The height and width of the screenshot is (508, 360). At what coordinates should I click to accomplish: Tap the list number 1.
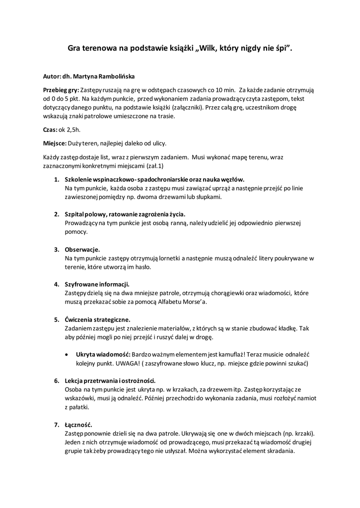coord(57,179)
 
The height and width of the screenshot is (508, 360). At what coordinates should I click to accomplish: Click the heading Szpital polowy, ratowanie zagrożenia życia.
coord(125,214)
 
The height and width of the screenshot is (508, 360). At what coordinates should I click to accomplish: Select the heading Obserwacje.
coord(82,249)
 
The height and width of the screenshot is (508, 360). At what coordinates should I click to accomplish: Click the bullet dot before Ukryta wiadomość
coord(67,355)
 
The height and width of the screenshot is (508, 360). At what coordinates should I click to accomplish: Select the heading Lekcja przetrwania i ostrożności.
coord(110,381)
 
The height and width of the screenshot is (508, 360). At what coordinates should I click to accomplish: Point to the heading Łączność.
coord(78,425)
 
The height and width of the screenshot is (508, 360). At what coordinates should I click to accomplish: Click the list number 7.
coord(57,425)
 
